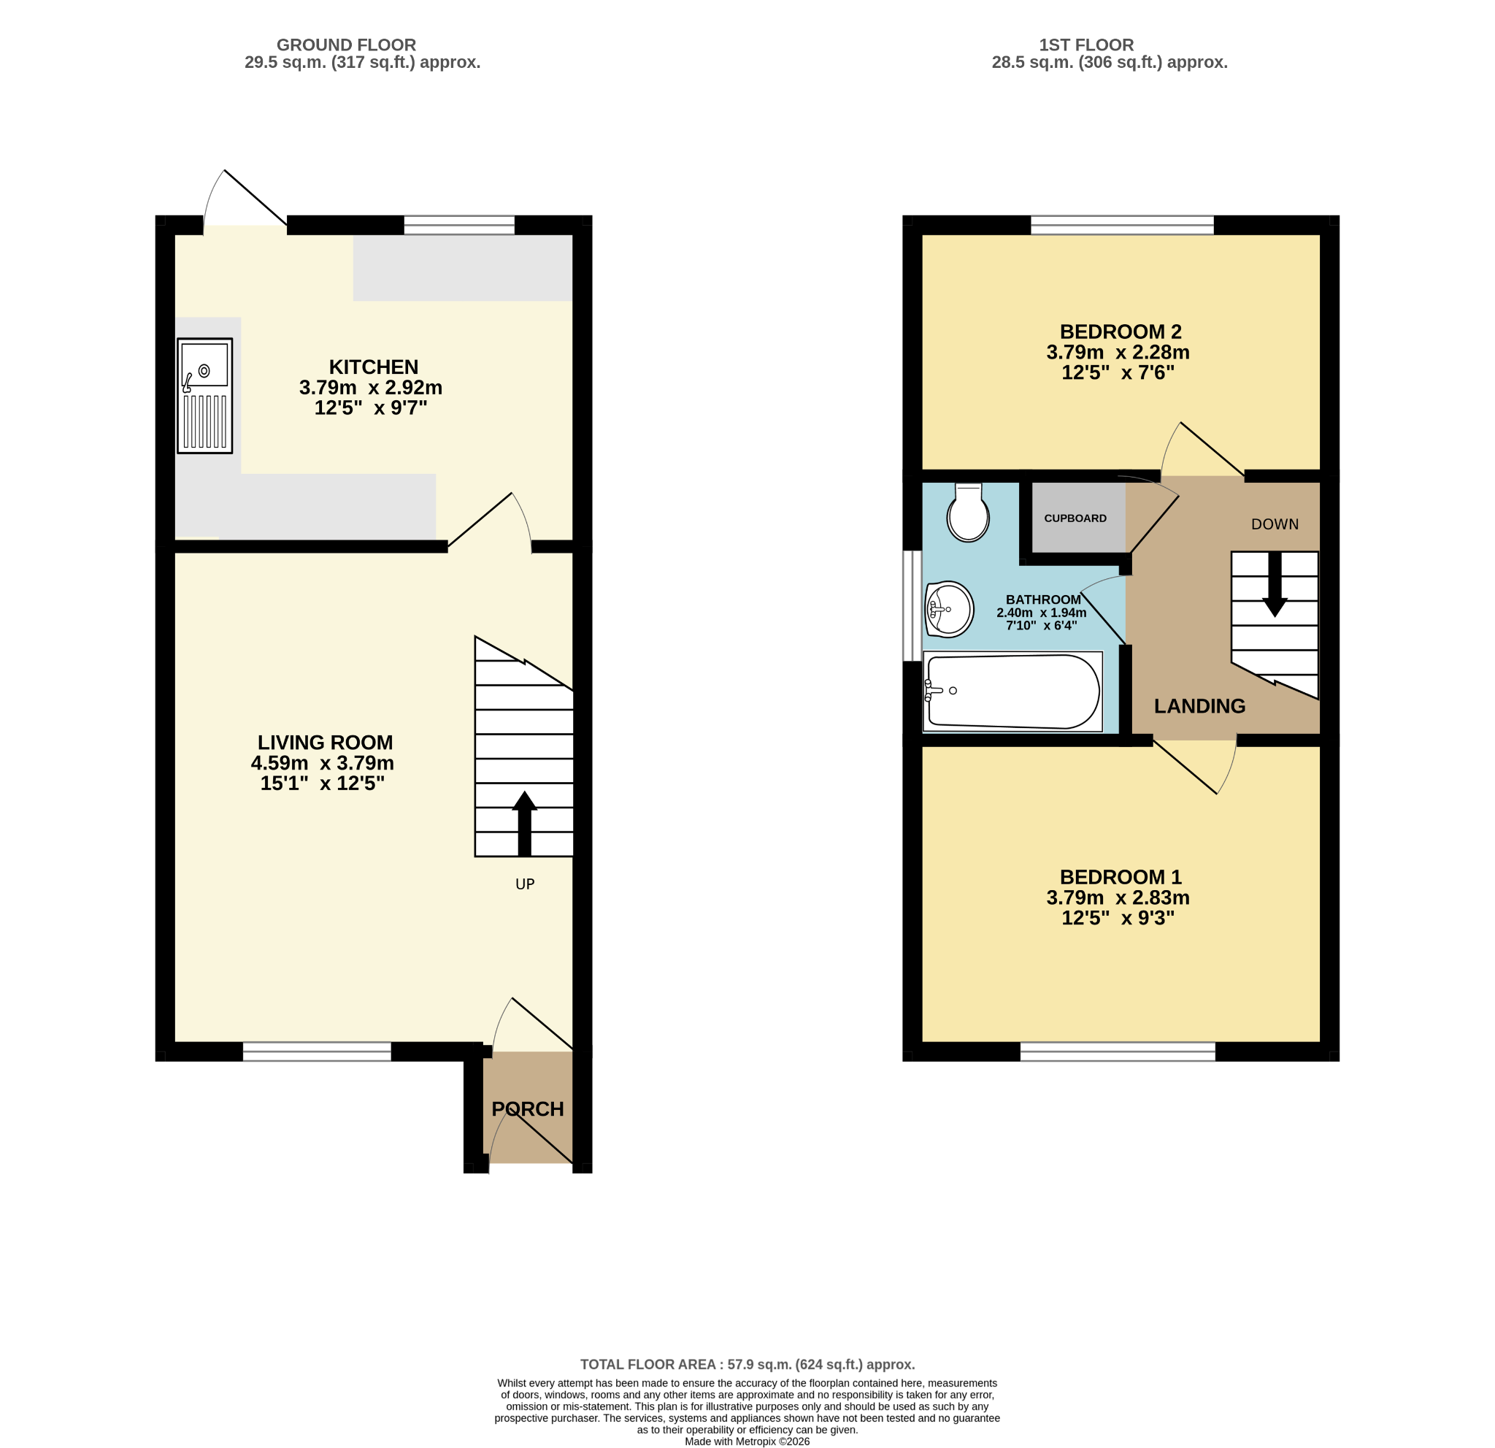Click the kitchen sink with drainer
pos(204,396)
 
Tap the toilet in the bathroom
pos(968,513)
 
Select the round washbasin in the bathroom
pos(949,610)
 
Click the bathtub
pos(1012,692)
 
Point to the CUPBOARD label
pos(1075,518)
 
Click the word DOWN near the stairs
pos(1275,524)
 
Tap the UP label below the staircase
pos(525,884)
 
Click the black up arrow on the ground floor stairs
pos(525,823)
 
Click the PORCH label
pos(528,1109)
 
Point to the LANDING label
pos(1199,706)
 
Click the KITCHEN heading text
pos(374,367)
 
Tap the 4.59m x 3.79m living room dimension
pos(323,763)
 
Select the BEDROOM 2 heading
pos(1121,332)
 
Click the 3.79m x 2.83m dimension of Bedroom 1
pos(1118,897)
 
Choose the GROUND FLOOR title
pos(346,45)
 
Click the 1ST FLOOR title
pos(1086,45)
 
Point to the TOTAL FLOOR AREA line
pos(747,1365)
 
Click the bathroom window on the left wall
pos(912,606)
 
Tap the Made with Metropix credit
pos(747,1441)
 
